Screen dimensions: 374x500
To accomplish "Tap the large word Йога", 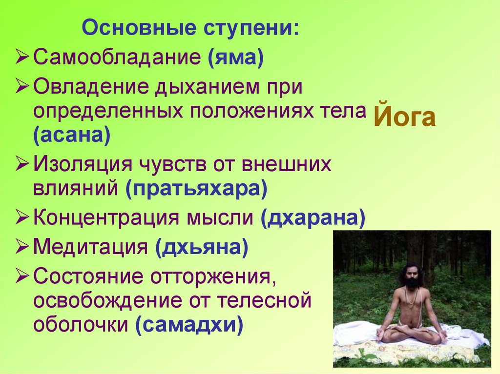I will point(405,118).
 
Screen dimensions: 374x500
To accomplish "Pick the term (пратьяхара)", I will point(196,188).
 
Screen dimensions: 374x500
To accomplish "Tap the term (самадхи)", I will point(189,324).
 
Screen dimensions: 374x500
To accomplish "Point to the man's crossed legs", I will point(412,335).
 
